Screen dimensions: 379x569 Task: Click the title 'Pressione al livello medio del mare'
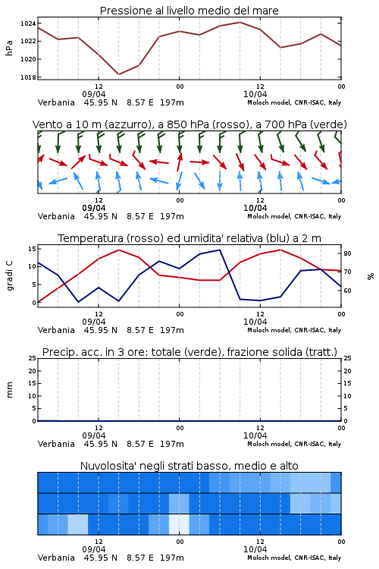pyautogui.click(x=189, y=11)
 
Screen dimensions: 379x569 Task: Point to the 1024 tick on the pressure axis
pyautogui.click(x=27, y=24)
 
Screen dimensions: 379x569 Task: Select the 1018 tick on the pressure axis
pyautogui.click(x=27, y=77)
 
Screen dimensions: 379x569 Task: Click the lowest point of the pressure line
pyautogui.click(x=118, y=74)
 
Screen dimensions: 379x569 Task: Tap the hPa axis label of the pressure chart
pyautogui.click(x=9, y=48)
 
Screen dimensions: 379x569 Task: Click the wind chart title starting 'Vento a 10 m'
pyautogui.click(x=189, y=124)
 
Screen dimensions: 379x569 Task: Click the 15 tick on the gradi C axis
pyautogui.click(x=32, y=249)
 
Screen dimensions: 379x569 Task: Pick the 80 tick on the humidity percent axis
pyautogui.click(x=347, y=253)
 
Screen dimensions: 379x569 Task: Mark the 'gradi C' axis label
pyautogui.click(x=10, y=276)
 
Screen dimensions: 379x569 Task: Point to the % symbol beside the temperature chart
pyautogui.click(x=371, y=276)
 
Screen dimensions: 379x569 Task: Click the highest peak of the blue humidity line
pyautogui.click(x=219, y=250)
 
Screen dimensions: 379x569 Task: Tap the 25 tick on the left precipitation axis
pyautogui.click(x=32, y=358)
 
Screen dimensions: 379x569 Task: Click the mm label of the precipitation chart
pyautogui.click(x=9, y=390)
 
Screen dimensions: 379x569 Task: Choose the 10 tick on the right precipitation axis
pyautogui.click(x=347, y=396)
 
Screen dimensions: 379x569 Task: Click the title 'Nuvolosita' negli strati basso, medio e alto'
pyautogui.click(x=189, y=466)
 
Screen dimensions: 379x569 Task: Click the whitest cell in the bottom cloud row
pyautogui.click(x=179, y=524)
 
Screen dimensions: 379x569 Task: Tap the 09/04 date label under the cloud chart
pyautogui.click(x=94, y=549)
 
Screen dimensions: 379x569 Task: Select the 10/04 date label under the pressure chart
pyautogui.click(x=255, y=94)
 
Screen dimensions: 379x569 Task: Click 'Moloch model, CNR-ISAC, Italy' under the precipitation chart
pyautogui.click(x=294, y=444)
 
